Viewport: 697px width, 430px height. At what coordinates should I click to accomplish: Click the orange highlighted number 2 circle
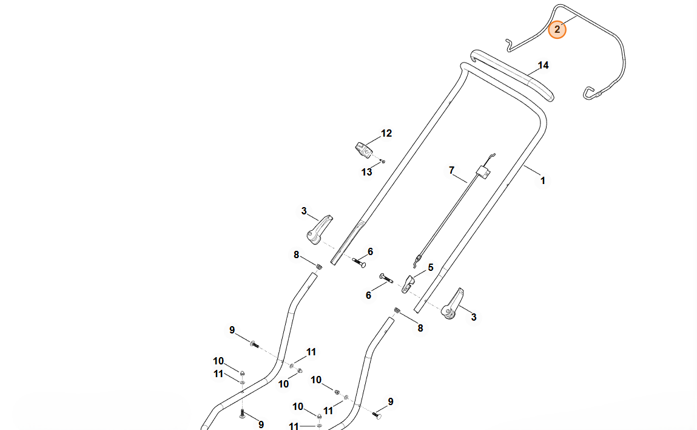pyautogui.click(x=557, y=29)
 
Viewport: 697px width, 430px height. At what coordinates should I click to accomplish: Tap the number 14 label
pyautogui.click(x=543, y=65)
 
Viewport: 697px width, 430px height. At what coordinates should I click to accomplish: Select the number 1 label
pyautogui.click(x=543, y=180)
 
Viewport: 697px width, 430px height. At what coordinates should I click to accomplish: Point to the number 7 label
pyautogui.click(x=451, y=171)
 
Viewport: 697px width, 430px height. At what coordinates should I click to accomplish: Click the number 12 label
pyautogui.click(x=386, y=133)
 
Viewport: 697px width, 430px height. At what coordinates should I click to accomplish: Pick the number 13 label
pyautogui.click(x=367, y=172)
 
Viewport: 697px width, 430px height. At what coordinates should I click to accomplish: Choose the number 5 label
pyautogui.click(x=431, y=267)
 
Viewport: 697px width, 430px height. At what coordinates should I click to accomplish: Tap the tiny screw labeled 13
pyautogui.click(x=383, y=162)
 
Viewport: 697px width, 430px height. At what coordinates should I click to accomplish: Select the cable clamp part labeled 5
pyautogui.click(x=409, y=281)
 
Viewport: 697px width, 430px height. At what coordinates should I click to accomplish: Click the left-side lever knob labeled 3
pyautogui.click(x=320, y=230)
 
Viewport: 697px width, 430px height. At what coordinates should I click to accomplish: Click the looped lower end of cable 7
pyautogui.click(x=416, y=262)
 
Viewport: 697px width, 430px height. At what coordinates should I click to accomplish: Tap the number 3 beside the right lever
pyautogui.click(x=474, y=317)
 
